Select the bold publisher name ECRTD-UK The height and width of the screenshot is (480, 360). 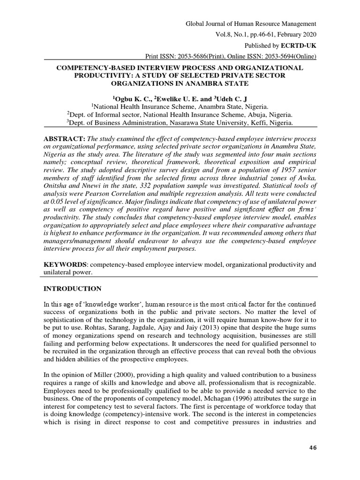[x=299, y=46]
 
